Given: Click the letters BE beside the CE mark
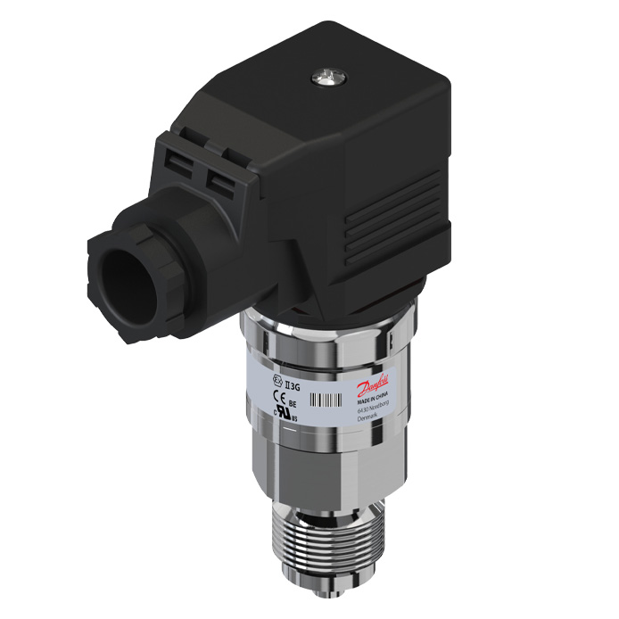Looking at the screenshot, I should [293, 402].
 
